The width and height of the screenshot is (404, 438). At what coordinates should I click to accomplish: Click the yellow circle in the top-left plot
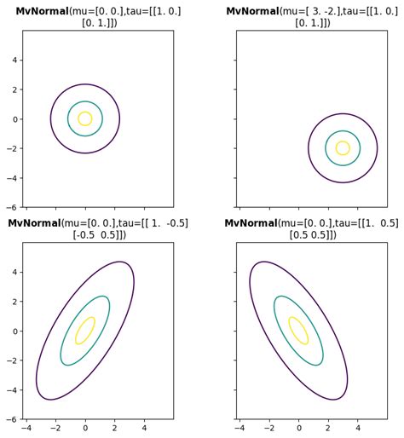pos(91,119)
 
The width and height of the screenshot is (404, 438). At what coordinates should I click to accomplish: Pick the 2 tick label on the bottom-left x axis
pos(114,428)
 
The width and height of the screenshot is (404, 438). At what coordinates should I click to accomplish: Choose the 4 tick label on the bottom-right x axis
pos(357,428)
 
